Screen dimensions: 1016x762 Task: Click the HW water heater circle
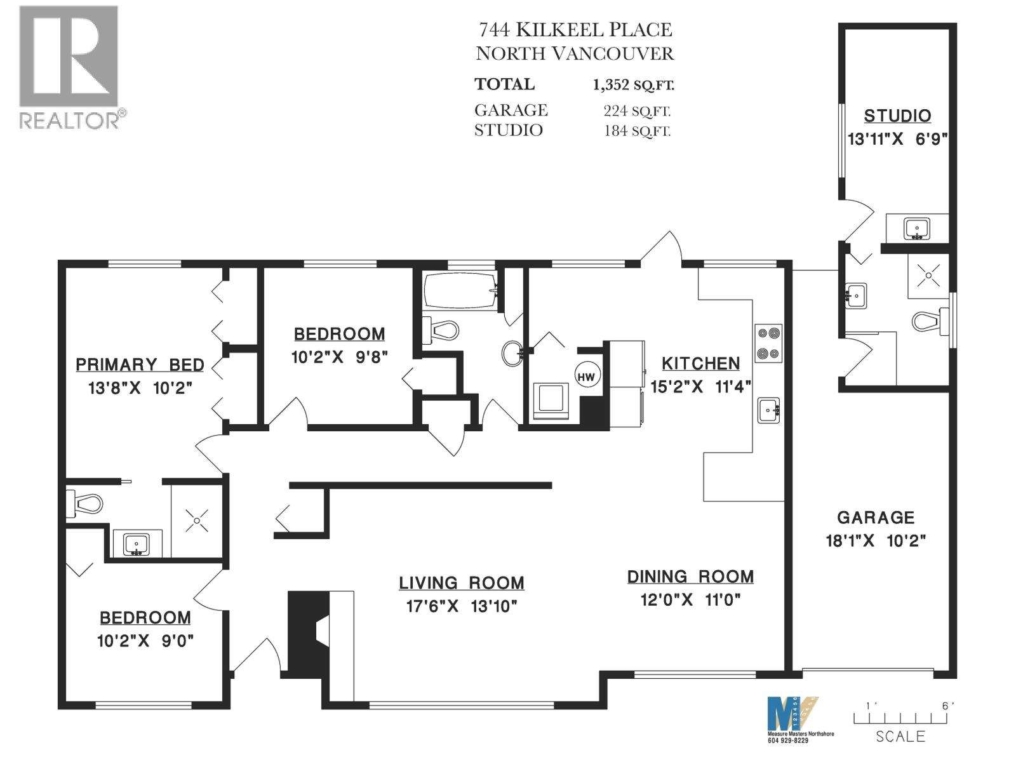pyautogui.click(x=585, y=376)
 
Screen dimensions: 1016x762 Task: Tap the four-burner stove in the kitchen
pyautogui.click(x=768, y=344)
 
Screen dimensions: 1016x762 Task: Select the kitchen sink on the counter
pyautogui.click(x=769, y=410)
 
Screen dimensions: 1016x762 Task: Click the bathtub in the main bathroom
pyautogui.click(x=460, y=290)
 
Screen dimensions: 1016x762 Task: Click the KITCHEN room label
pyautogui.click(x=701, y=364)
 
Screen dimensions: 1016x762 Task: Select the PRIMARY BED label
pyautogui.click(x=140, y=364)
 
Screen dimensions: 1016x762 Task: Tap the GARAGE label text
pyautogui.click(x=876, y=518)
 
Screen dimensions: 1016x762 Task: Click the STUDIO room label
pyautogui.click(x=897, y=116)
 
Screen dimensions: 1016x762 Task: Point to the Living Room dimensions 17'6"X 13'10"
pyautogui.click(x=462, y=606)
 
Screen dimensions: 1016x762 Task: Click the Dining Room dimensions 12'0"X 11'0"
pyautogui.click(x=691, y=600)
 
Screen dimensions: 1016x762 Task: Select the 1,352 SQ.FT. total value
pyautogui.click(x=634, y=84)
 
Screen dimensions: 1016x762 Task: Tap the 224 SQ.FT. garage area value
pyautogui.click(x=637, y=111)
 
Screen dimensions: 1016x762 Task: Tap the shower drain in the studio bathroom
pyautogui.click(x=928, y=276)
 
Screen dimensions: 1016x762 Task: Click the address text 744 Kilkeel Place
pyautogui.click(x=575, y=30)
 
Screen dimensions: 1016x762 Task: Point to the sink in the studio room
pyautogui.click(x=917, y=228)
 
